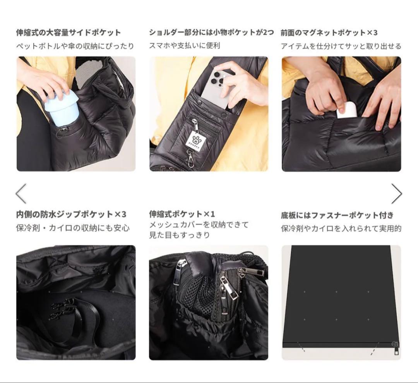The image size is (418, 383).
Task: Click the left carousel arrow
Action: click(x=21, y=193)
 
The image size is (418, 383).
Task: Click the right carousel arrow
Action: click(x=396, y=193)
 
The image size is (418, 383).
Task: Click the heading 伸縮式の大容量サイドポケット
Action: click(x=68, y=33)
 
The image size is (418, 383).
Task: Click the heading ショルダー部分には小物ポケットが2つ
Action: click(x=211, y=33)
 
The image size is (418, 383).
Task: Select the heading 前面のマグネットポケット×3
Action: click(x=329, y=33)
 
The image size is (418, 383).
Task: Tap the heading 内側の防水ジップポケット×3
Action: click(x=71, y=214)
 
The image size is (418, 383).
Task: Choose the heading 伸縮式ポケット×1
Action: click(x=182, y=214)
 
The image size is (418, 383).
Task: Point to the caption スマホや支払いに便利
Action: click(x=185, y=46)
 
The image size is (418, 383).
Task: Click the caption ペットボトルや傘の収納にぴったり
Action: click(x=75, y=46)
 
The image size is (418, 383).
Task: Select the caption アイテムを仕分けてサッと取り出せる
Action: click(x=341, y=46)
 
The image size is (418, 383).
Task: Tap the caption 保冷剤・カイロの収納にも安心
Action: click(x=73, y=228)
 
